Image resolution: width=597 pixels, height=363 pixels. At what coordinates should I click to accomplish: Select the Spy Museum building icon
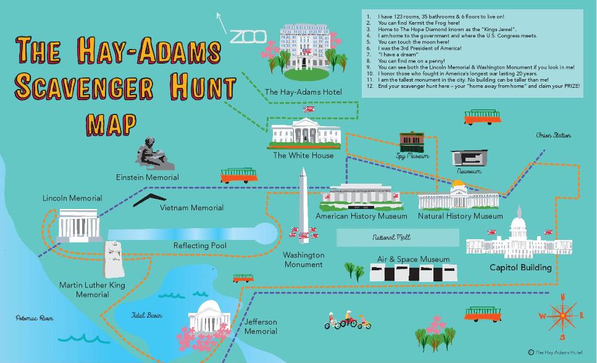click(411, 142)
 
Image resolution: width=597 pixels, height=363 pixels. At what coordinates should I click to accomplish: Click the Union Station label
click(553, 135)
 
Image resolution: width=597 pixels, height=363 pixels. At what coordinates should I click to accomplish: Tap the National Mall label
click(391, 237)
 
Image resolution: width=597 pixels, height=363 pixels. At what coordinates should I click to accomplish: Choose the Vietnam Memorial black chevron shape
click(149, 199)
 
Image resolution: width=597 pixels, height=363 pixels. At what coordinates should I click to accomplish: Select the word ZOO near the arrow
click(248, 36)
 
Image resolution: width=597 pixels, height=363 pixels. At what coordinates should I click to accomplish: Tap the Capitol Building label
click(520, 268)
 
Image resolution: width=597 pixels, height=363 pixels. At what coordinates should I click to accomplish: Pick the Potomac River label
click(34, 318)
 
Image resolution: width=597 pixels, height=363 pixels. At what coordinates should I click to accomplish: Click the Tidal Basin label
click(146, 315)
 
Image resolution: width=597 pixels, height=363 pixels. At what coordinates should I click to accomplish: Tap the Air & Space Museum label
click(413, 259)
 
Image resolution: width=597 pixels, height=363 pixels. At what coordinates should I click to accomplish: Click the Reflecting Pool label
click(199, 246)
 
